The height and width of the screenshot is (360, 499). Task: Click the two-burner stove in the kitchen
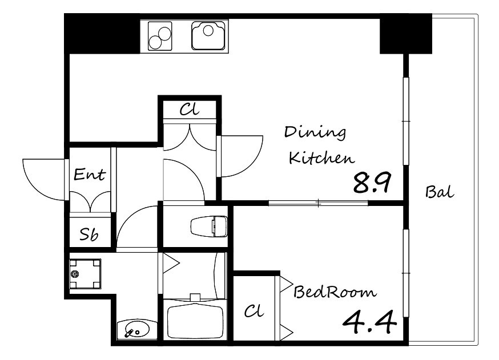coord(160,36)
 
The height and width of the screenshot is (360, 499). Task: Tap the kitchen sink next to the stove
coord(208,35)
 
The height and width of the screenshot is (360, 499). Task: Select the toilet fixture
coord(209,226)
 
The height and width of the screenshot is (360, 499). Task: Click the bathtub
coord(195,321)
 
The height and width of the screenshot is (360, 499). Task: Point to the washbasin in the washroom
coord(137,329)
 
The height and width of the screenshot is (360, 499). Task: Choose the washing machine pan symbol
coord(85,274)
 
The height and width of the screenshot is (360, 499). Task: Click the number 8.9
coord(372,183)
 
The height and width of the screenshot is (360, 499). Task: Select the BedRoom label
coord(335,292)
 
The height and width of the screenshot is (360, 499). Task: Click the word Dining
coord(315,132)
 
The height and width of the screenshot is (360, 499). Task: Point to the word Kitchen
coord(321,157)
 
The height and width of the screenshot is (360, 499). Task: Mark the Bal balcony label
coord(440,192)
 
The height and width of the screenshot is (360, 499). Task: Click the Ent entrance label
coord(90,174)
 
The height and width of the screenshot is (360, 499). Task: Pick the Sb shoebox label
coord(89,234)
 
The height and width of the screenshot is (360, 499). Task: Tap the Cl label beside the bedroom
coord(254,310)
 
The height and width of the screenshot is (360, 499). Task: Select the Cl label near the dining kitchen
coord(190,110)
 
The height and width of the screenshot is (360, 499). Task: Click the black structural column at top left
coord(102,34)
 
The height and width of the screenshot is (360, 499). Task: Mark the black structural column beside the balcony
coord(406,34)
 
